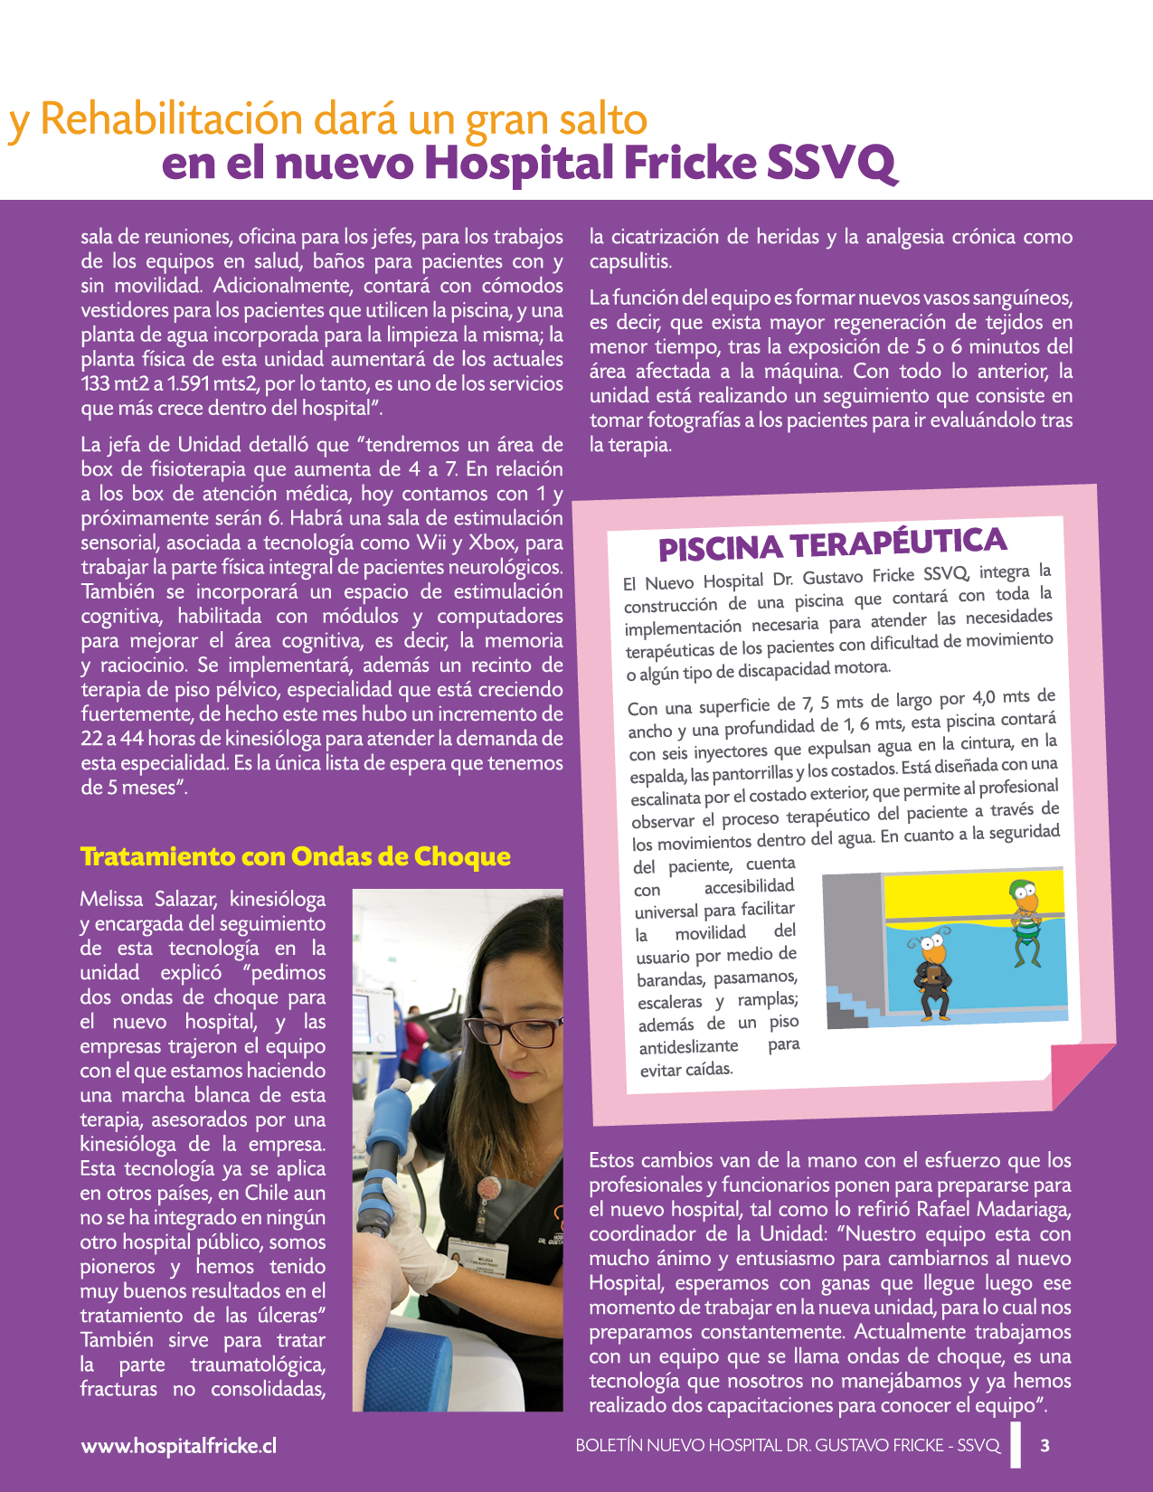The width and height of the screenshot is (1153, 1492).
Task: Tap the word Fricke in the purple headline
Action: [690, 164]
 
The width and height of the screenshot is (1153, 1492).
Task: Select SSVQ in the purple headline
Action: [831, 164]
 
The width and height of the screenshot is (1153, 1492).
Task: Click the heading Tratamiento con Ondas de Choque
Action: [295, 856]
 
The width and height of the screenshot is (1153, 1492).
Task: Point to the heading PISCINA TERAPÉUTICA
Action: [832, 544]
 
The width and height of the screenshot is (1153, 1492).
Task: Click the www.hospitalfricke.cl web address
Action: [179, 1446]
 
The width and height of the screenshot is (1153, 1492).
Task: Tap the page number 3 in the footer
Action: [1045, 1445]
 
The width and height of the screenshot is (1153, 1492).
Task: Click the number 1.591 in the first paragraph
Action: [190, 383]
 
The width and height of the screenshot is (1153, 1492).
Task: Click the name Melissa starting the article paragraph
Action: [111, 899]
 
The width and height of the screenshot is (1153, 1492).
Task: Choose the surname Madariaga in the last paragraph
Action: [1019, 1209]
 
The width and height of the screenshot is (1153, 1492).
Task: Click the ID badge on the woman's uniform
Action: [477, 1255]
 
